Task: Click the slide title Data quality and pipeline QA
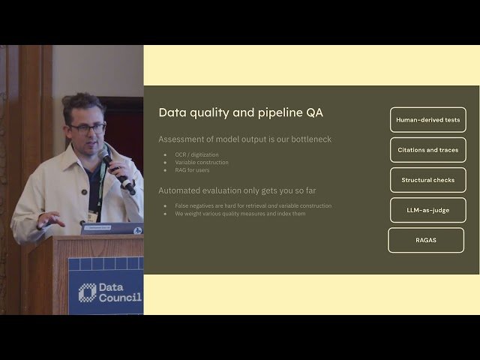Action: point(241,112)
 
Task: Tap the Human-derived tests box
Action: point(427,120)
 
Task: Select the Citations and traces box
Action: point(427,150)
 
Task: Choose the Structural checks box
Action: point(427,180)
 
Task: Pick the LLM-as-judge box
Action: point(427,210)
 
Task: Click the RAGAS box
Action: point(426,240)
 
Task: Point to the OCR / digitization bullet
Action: point(197,154)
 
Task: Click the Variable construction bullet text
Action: point(202,162)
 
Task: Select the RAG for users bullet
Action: point(193,169)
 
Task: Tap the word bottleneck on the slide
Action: point(310,139)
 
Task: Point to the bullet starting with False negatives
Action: point(253,205)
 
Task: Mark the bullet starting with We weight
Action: point(240,213)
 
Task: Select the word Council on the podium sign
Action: point(121,298)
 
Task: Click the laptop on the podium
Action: point(112,229)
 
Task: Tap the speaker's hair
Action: point(82,105)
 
